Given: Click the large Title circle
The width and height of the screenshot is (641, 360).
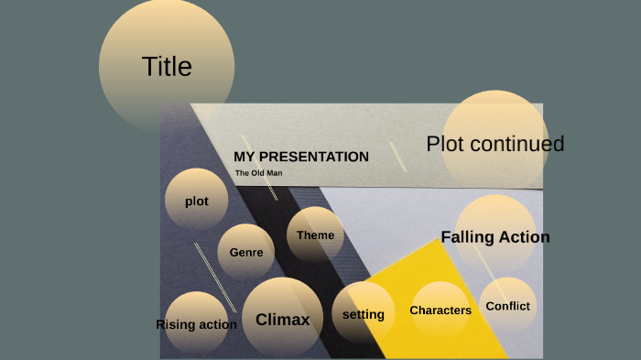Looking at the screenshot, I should pyautogui.click(x=167, y=66).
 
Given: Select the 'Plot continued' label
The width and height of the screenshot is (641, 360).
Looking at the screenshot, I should pyautogui.click(x=494, y=144).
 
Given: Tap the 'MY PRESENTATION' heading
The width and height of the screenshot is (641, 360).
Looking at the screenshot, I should pyautogui.click(x=301, y=157).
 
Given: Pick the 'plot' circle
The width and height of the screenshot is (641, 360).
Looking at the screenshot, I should pyautogui.click(x=197, y=201).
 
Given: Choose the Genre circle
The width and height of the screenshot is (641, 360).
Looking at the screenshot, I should pyautogui.click(x=246, y=252).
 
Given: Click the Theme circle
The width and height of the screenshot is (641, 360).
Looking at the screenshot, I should pyautogui.click(x=316, y=235).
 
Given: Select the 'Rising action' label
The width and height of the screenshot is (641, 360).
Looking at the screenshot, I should pyautogui.click(x=196, y=324).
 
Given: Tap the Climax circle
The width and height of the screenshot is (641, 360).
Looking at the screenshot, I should pyautogui.click(x=282, y=320).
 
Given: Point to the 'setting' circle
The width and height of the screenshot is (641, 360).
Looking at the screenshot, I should pyautogui.click(x=364, y=314).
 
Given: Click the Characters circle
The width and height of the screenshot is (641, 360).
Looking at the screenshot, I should pyautogui.click(x=440, y=311).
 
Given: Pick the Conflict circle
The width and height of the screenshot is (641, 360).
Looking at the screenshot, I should pyautogui.click(x=508, y=306).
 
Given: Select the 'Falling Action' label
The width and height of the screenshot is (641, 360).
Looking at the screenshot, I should pyautogui.click(x=495, y=237).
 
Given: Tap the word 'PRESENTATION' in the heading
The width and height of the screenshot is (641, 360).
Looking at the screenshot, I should pyautogui.click(x=313, y=157).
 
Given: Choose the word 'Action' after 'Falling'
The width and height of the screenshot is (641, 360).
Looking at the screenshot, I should pyautogui.click(x=524, y=237).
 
